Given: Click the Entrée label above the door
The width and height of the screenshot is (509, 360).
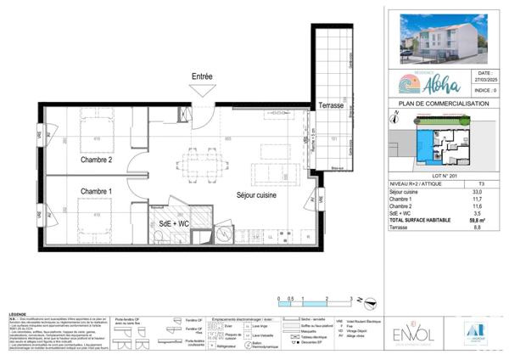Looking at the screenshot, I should tap(202, 77).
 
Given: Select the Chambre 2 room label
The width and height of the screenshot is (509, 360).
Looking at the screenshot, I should tap(97, 160).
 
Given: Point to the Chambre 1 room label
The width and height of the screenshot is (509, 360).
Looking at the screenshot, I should tap(97, 192).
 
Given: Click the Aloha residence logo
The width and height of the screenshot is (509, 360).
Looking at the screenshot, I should tap(432, 83).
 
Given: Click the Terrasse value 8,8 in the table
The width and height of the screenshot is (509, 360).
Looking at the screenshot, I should tap(483, 227).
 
